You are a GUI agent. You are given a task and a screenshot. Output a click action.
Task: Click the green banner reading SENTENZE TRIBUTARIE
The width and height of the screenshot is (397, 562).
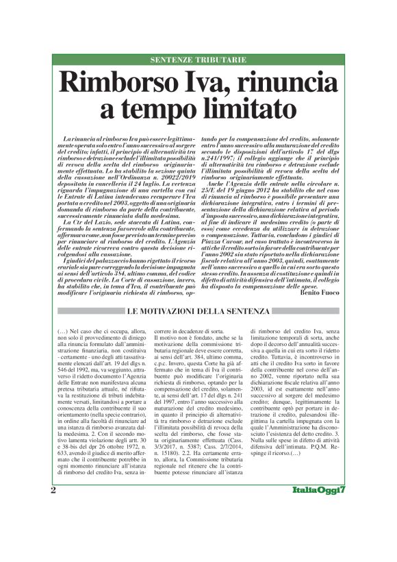[198, 60]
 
